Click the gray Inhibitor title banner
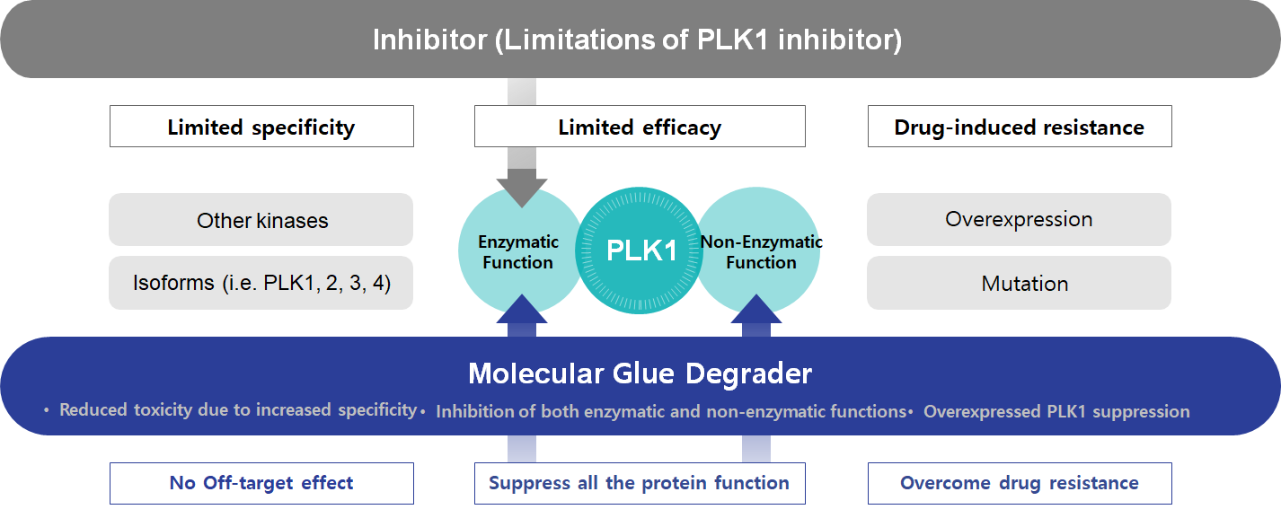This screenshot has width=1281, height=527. click(640, 40)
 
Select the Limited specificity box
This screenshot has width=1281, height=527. click(261, 127)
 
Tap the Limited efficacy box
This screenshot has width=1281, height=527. click(640, 127)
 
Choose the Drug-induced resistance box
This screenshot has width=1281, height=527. click(1019, 127)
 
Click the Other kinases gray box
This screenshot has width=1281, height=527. click(261, 220)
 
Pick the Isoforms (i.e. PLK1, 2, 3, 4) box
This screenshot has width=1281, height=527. click(261, 284)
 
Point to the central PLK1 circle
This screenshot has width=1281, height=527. click(641, 250)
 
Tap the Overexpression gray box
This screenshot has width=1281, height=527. click(1019, 219)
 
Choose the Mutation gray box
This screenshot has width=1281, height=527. click(1019, 284)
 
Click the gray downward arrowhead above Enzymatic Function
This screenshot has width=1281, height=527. click(521, 188)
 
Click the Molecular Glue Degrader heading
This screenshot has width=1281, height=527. click(640, 373)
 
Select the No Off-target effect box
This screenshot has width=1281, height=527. click(261, 483)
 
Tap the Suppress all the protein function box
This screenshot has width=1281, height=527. click(640, 483)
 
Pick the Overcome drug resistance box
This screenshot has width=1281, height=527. click(1019, 483)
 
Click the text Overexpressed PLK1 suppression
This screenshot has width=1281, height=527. click(1056, 412)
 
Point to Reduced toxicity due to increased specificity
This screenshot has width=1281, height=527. click(237, 410)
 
